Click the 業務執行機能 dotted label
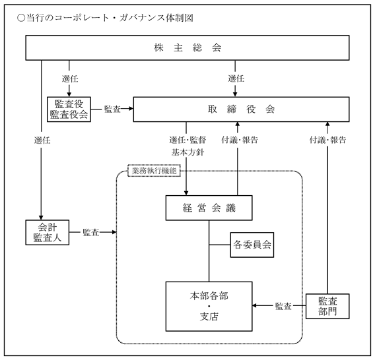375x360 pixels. [154, 171]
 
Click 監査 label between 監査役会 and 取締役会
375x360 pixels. [112, 109]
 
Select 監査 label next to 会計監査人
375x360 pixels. [91, 233]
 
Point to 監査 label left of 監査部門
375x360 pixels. [283, 306]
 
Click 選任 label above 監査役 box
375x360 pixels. [70, 78]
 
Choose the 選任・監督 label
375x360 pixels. [187, 140]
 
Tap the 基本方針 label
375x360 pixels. [187, 152]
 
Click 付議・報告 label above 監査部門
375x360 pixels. [327, 140]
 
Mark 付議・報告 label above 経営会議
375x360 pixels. [240, 140]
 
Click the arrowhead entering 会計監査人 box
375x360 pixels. [41, 218]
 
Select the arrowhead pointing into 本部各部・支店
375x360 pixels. [255, 305]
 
